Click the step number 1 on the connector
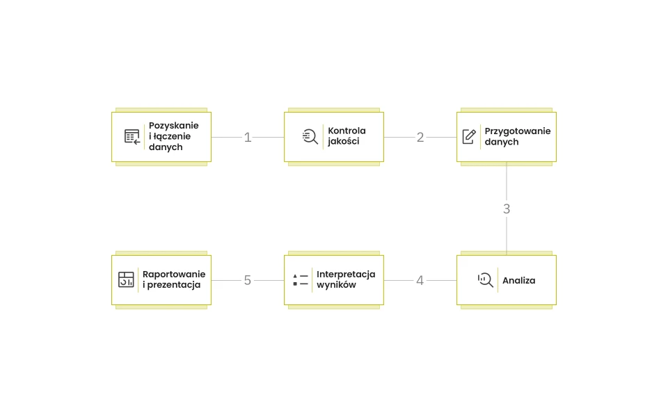pos(248,138)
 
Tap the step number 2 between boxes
pos(420,138)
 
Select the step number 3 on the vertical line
pos(507,209)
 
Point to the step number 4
pos(420,280)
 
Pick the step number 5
pos(248,280)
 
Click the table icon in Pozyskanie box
pos(132,137)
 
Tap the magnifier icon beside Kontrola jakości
pos(310,137)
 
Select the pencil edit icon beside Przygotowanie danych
pos(469,137)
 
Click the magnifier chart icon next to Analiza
pos(485,280)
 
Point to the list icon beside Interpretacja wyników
pos(301,280)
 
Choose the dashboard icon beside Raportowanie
pos(126,279)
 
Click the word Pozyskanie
pos(174,126)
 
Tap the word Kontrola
pos(347,131)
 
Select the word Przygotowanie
pos(518,131)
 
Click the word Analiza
pos(519,280)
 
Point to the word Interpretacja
pos(346,275)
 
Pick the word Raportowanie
pos(174,275)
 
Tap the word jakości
pos(343,141)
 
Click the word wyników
pos(336,285)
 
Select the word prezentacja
pos(174,285)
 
